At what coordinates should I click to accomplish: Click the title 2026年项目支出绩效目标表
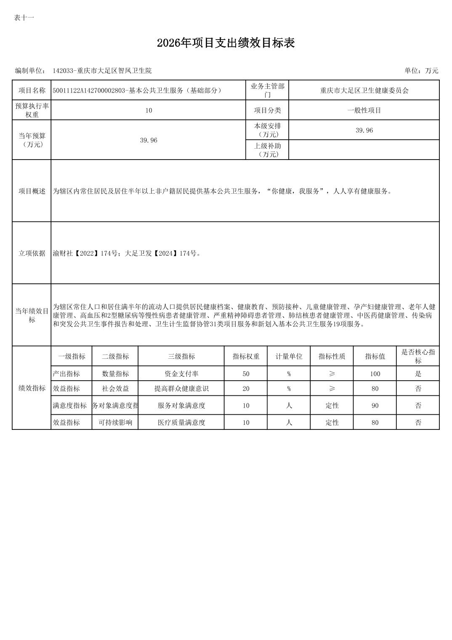[x=226, y=43]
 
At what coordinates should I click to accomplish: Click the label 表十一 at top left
[x=24, y=18]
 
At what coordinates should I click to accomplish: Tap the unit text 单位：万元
[x=421, y=71]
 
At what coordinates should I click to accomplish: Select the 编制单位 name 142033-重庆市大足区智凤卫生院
[x=102, y=71]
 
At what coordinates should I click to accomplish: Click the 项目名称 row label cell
[x=32, y=91]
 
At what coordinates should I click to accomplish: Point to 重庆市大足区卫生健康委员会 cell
[x=364, y=91]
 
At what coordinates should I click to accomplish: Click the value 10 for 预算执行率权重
[x=149, y=110]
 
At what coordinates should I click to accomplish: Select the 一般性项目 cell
[x=364, y=110]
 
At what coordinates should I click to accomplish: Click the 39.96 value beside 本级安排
[x=364, y=130]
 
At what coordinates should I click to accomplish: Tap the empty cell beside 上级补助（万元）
[x=364, y=150]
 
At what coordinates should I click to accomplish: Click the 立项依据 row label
[x=32, y=253]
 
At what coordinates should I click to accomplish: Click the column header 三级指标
[x=181, y=356]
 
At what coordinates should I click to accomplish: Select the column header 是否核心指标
[x=417, y=356]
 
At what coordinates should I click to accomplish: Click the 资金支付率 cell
[x=181, y=374]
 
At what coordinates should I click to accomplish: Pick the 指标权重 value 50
[x=246, y=374]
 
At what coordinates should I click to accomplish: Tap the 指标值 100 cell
[x=375, y=374]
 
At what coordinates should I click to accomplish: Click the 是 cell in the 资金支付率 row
[x=418, y=374]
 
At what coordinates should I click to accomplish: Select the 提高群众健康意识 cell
[x=181, y=389]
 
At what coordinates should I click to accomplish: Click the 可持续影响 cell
[x=115, y=422]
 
